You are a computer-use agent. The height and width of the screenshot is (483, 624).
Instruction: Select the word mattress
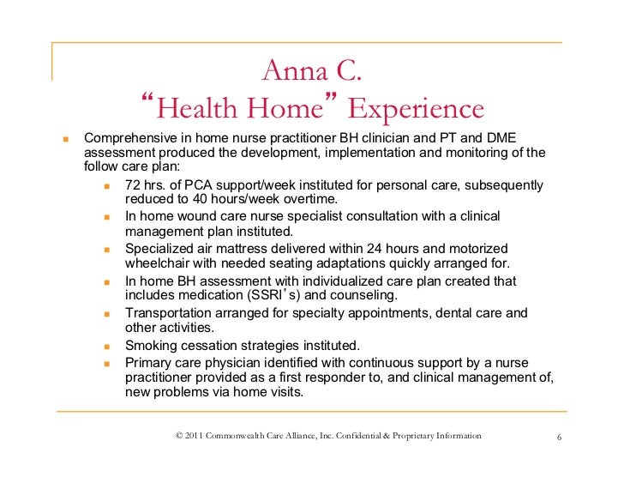232,248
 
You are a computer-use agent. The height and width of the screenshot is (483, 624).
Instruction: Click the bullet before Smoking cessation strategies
107,346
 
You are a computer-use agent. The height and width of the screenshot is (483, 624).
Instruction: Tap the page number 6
559,438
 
